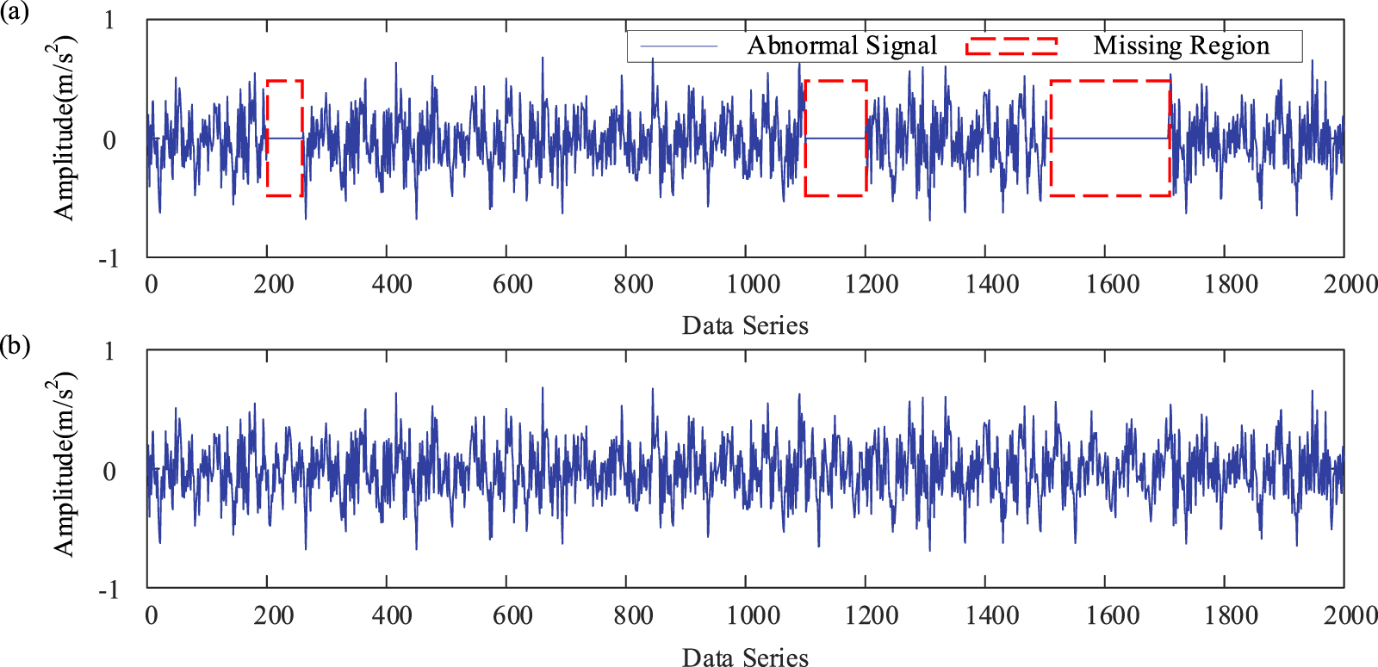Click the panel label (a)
coord(16,14)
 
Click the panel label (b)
coord(16,346)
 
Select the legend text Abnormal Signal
coord(841,46)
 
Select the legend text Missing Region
coord(1181,46)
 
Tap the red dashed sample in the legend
coord(1011,46)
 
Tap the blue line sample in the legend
coord(680,46)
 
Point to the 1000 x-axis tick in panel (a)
coord(753,283)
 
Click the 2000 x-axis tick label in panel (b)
coord(1350,615)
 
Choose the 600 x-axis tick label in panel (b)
coord(512,615)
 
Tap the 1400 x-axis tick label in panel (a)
coord(992,283)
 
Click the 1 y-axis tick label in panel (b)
coord(109,350)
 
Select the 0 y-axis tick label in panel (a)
coord(109,139)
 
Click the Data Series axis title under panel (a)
coord(745,325)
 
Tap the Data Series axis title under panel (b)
coord(745,657)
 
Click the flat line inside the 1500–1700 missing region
coord(1110,138)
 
